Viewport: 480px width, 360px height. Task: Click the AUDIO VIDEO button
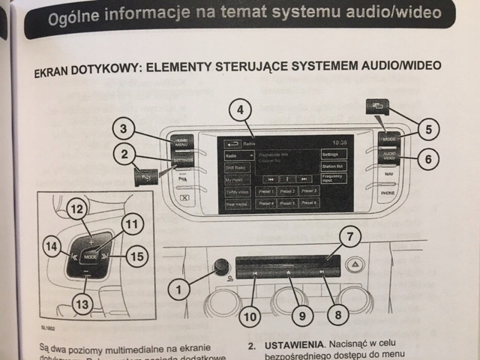[x=389, y=157]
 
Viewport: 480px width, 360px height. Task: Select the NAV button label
[x=388, y=174]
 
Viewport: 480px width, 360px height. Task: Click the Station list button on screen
[x=334, y=166]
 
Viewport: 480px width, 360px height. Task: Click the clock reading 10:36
[x=340, y=142]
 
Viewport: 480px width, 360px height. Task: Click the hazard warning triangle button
[x=358, y=264]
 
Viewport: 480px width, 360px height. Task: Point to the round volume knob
[x=220, y=265]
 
